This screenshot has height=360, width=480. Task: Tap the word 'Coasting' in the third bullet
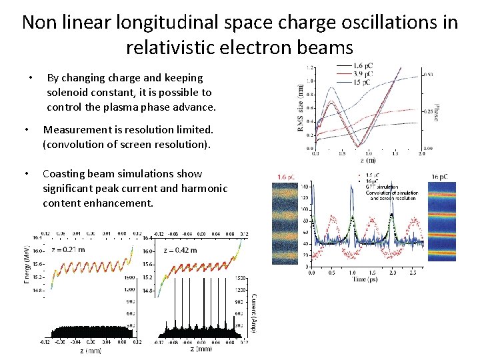point(66,173)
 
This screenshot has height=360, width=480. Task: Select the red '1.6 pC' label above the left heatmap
point(287,176)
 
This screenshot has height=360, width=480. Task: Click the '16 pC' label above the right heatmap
point(439,176)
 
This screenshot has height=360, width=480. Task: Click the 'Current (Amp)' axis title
point(253,313)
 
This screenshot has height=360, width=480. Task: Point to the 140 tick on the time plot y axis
point(305,186)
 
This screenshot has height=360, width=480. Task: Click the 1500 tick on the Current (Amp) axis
point(242,277)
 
